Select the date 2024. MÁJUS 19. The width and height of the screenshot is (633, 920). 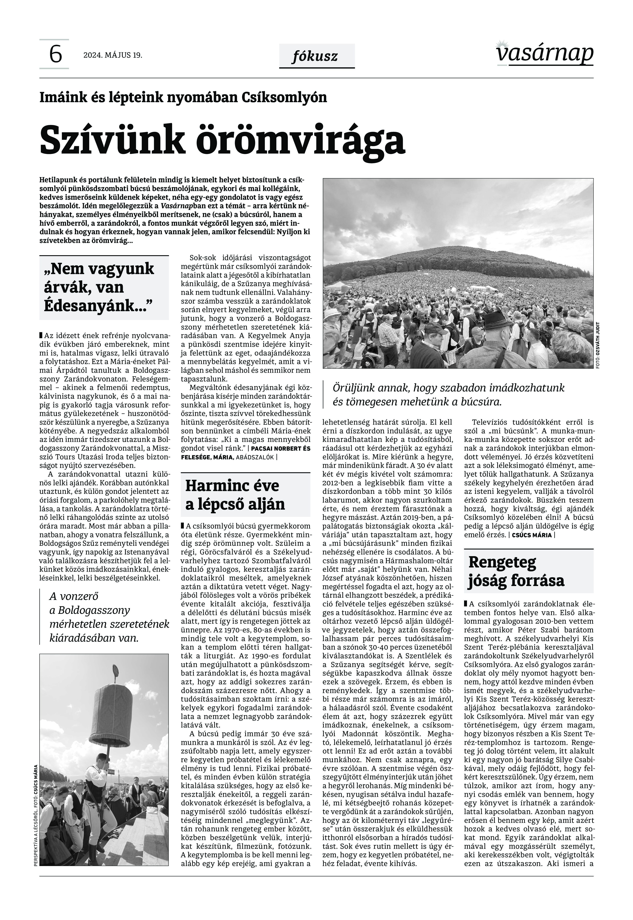point(113,55)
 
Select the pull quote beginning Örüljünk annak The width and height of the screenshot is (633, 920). point(448,395)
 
